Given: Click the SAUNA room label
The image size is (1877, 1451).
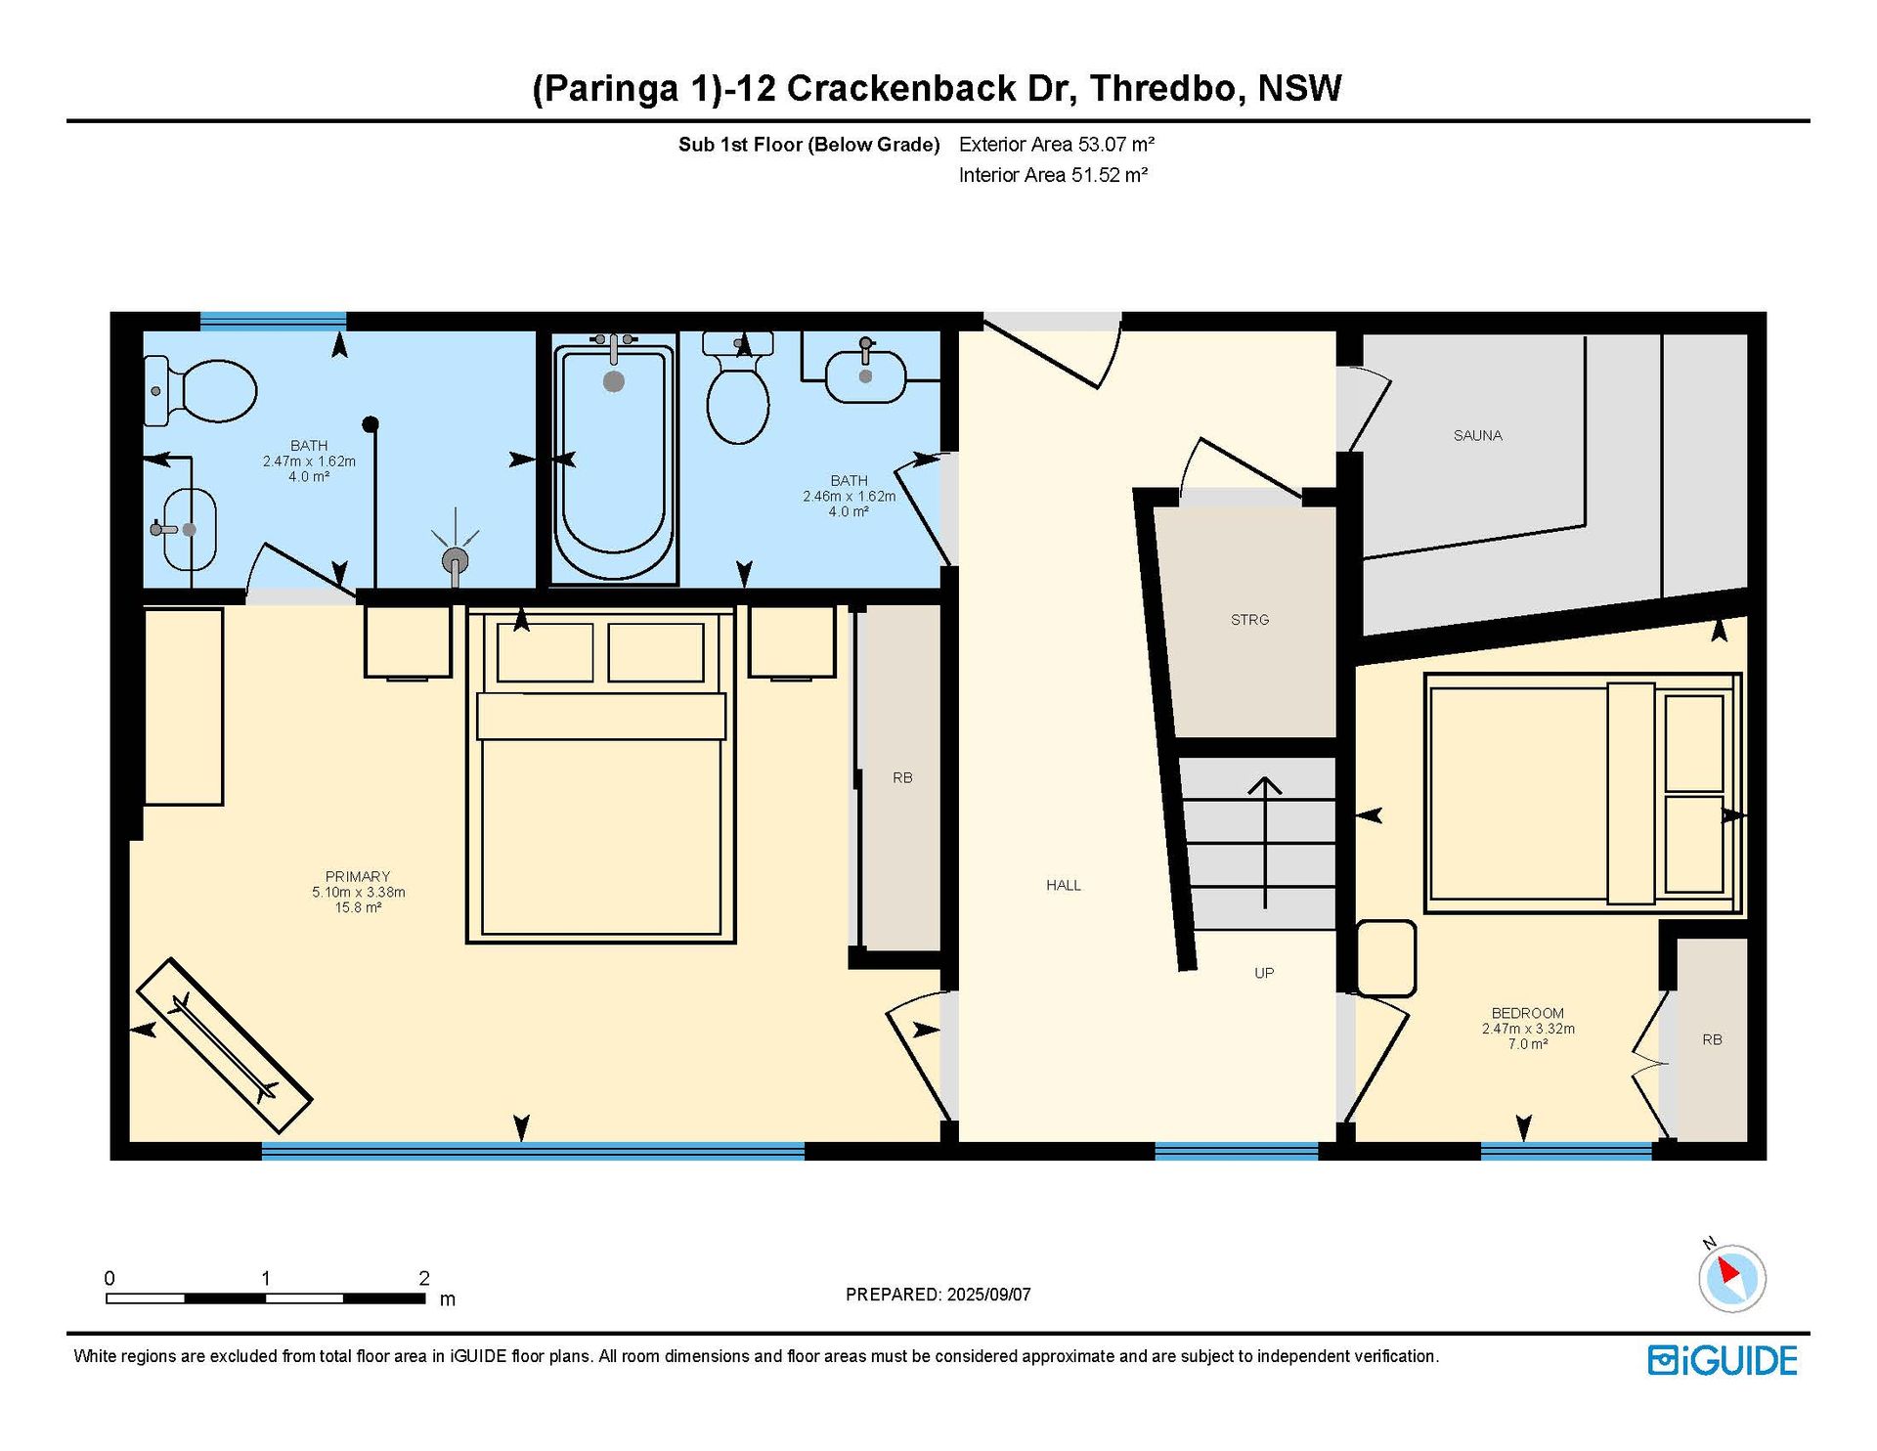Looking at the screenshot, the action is click(x=1477, y=436).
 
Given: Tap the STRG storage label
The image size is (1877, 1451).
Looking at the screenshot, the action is click(x=1249, y=620).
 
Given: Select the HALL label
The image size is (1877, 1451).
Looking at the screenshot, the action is click(x=1064, y=886).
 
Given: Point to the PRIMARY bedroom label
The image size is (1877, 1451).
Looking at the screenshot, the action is click(x=358, y=877).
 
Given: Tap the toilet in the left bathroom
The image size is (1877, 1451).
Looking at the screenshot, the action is click(x=200, y=391).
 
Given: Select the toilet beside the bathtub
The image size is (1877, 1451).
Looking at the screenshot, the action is click(x=738, y=388).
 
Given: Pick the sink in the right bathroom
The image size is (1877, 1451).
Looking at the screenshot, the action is click(x=865, y=373).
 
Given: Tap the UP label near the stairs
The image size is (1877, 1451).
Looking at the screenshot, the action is click(x=1264, y=974).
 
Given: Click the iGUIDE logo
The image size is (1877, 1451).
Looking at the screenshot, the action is click(x=1723, y=1361).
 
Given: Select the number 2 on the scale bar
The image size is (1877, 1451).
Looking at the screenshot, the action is click(x=424, y=1278).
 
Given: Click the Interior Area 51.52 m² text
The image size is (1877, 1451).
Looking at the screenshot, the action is click(x=1053, y=175).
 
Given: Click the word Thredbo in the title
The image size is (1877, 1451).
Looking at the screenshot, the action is click(x=1167, y=88).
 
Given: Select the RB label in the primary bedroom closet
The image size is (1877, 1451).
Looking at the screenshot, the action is click(x=902, y=778).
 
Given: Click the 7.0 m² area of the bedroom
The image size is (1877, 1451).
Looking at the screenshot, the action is click(x=1528, y=1044).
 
